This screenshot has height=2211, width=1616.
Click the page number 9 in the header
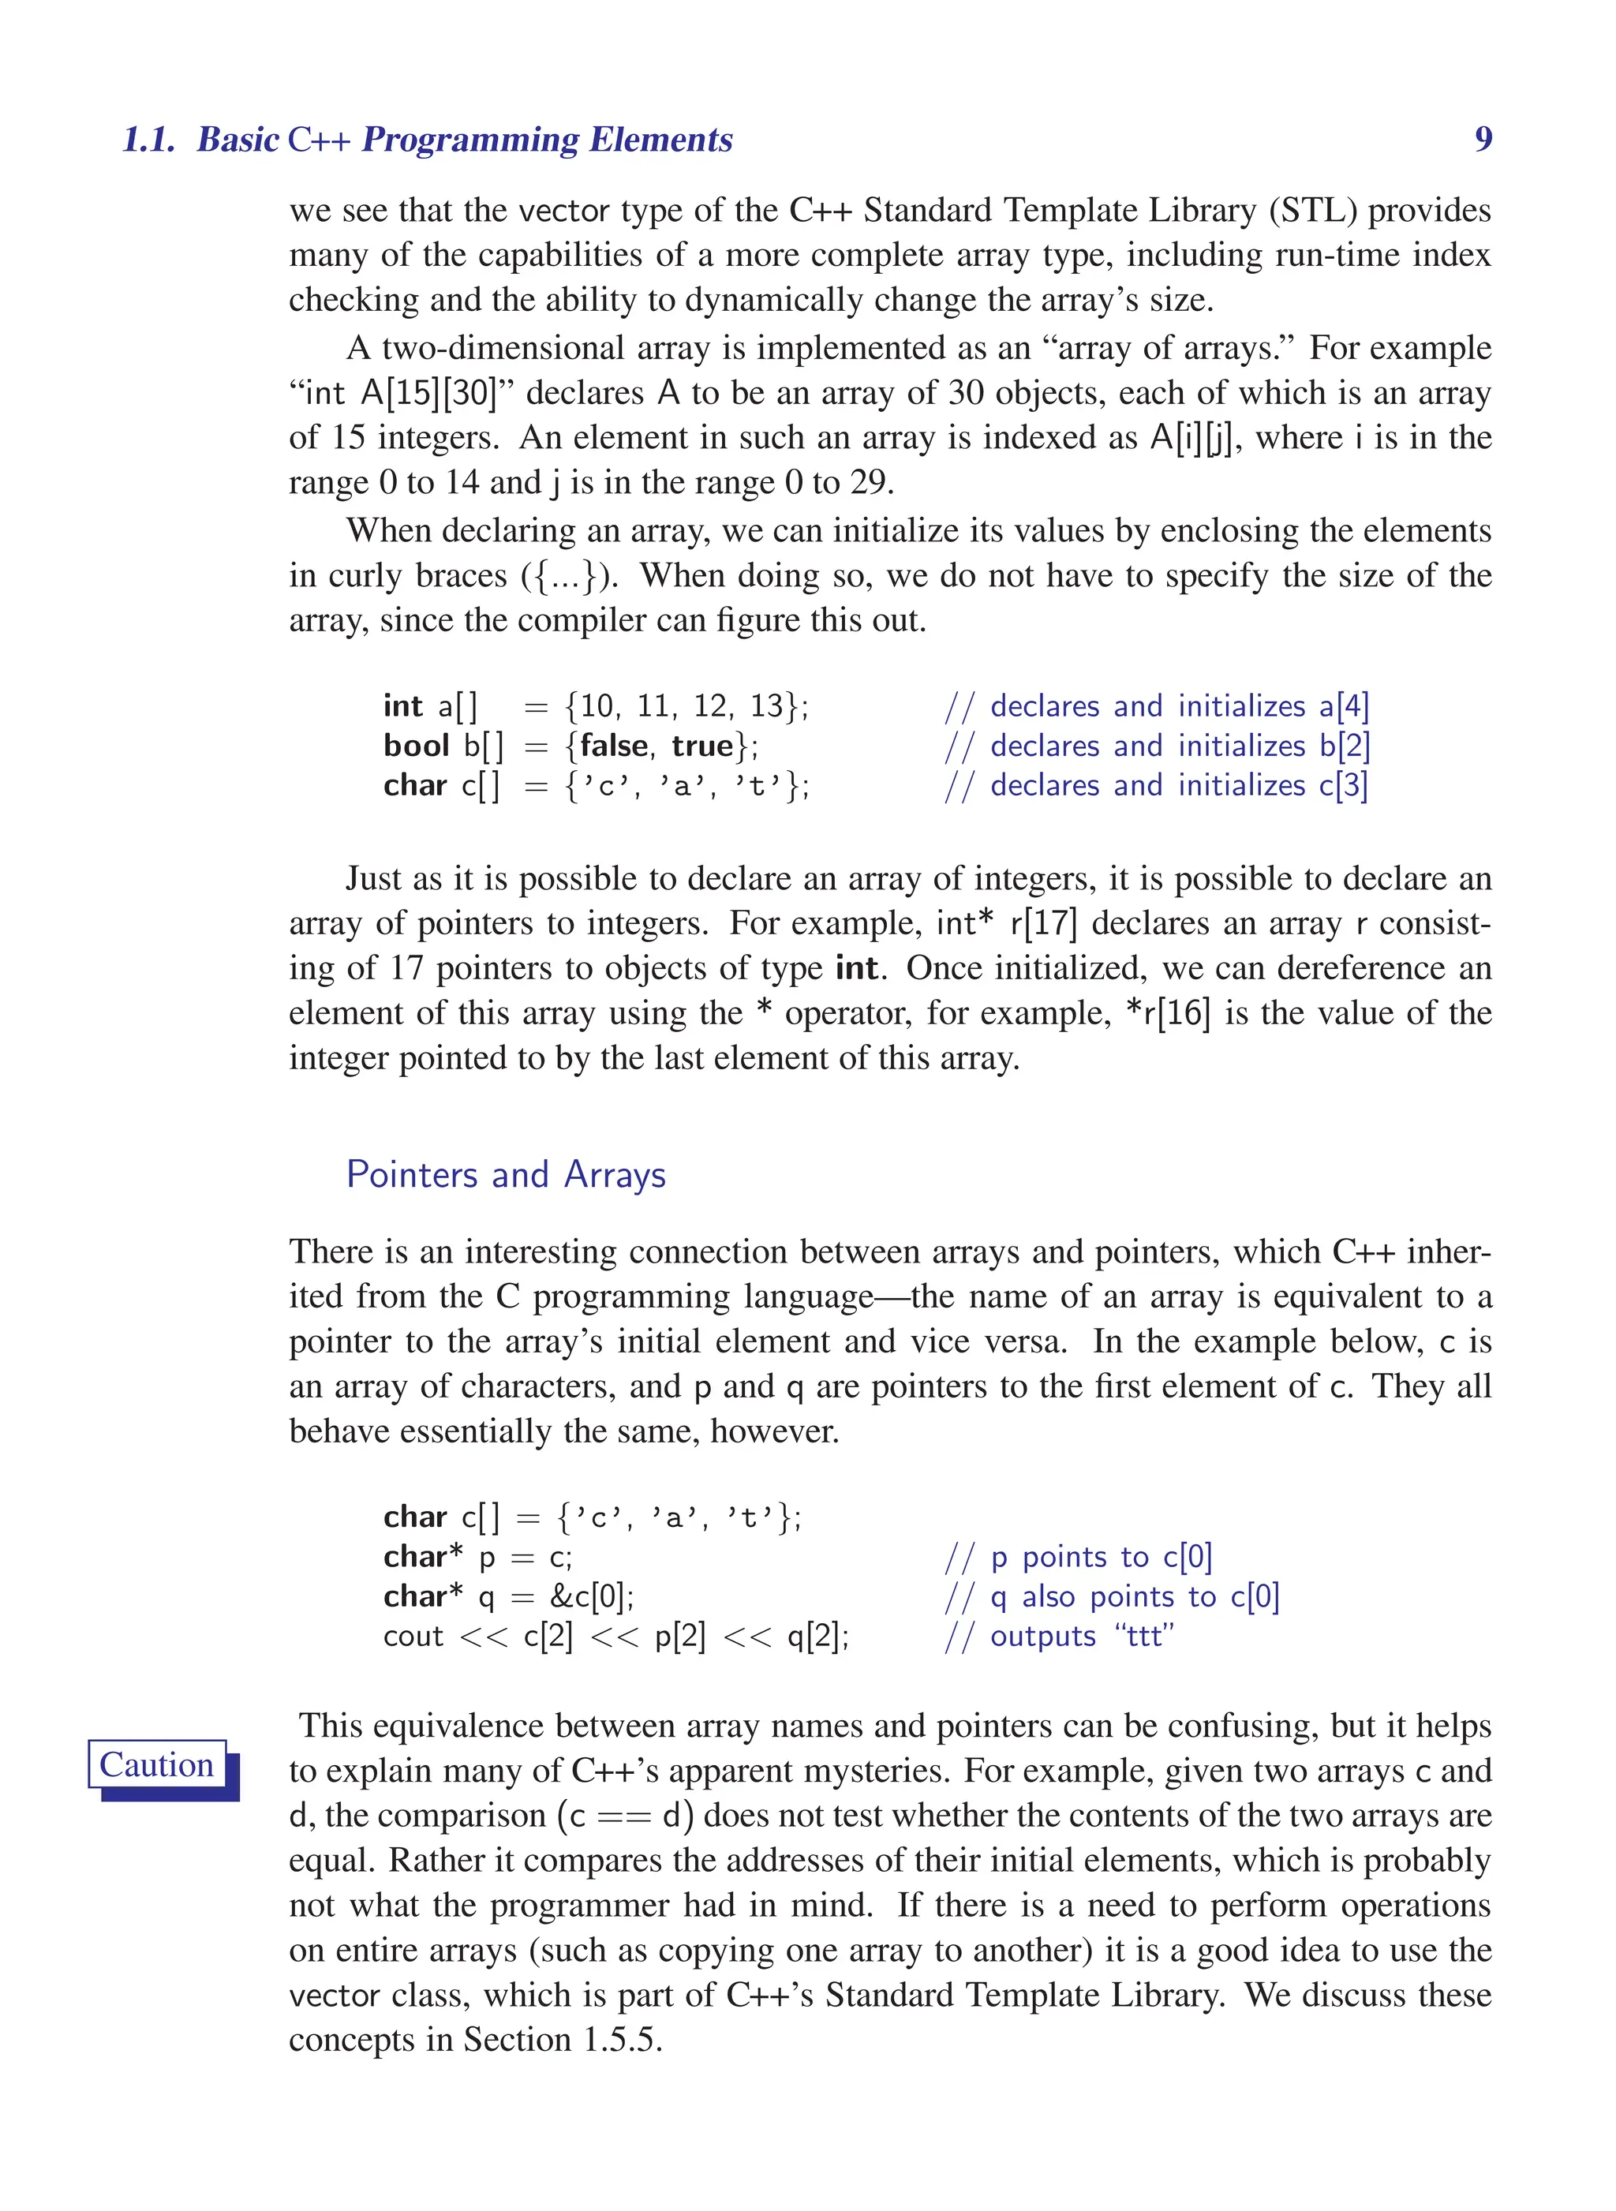(1483, 139)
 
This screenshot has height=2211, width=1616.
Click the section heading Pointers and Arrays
(506, 1174)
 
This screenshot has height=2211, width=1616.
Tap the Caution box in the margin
(158, 1765)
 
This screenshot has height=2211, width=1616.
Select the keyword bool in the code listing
(416, 746)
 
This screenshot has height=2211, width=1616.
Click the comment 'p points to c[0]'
(1079, 1557)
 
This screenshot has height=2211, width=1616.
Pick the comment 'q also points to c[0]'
(1113, 1596)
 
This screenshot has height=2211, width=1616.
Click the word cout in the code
(413, 1636)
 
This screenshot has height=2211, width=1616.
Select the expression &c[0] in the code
(591, 1596)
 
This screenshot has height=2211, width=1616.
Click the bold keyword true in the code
(702, 746)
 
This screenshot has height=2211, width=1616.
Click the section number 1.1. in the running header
(148, 139)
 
